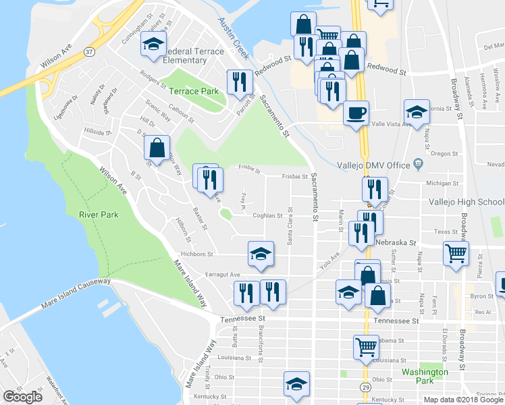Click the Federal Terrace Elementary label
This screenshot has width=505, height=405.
tap(181, 55)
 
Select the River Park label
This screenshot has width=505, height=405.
tap(99, 215)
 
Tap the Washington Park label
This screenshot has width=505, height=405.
tap(424, 376)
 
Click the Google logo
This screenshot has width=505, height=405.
tap(22, 397)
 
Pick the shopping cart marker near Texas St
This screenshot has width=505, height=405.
tap(456, 254)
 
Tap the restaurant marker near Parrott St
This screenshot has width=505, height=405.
tap(240, 82)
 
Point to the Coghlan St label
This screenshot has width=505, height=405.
tap(267, 216)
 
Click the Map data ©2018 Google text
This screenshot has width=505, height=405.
tap(462, 400)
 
